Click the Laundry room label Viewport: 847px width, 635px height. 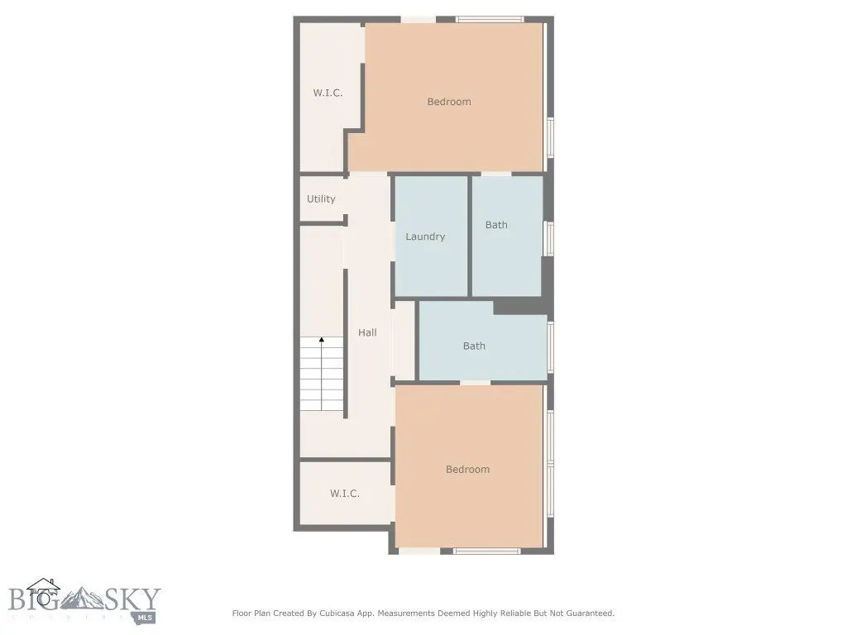[x=425, y=236]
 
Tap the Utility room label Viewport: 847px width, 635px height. [x=321, y=198]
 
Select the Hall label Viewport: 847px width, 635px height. [x=367, y=332]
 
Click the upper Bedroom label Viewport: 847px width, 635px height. [x=449, y=102]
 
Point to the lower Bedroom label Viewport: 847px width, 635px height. [x=468, y=470]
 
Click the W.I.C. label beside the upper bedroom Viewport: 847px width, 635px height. [x=328, y=93]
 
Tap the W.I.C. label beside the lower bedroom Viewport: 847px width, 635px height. [x=345, y=494]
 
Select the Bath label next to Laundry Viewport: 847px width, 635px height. [x=496, y=225]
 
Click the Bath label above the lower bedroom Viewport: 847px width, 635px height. [x=474, y=346]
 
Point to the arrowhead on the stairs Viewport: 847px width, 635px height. [x=322, y=340]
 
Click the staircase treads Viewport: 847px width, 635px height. [x=322, y=374]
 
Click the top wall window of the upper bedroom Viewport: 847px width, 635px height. [x=490, y=20]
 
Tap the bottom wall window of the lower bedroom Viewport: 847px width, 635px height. [x=486, y=551]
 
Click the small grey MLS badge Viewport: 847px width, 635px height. [x=145, y=618]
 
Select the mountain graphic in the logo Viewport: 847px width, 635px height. [x=83, y=599]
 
